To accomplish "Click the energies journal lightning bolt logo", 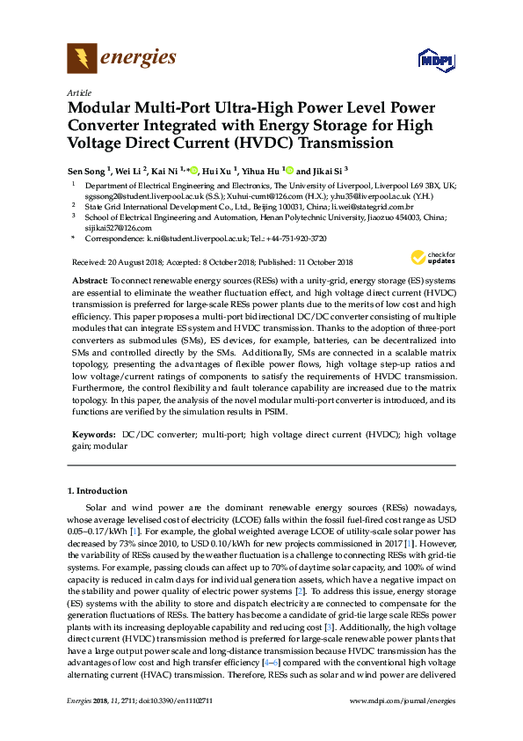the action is coord(82,59).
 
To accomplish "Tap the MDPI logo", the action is coord(438,60).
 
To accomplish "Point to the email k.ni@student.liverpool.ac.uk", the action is coord(189,238).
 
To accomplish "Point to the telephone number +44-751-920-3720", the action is coord(296,238).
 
